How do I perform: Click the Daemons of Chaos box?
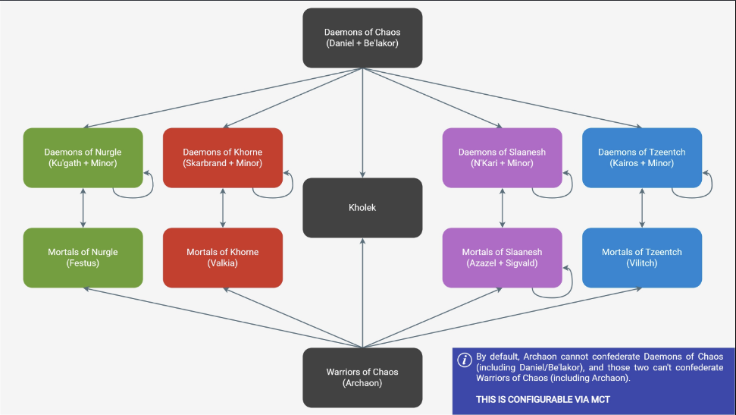coord(362,38)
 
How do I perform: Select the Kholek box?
coord(362,208)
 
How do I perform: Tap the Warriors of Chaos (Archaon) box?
coord(362,377)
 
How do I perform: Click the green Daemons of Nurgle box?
coord(83,158)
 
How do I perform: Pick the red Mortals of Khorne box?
coord(223,257)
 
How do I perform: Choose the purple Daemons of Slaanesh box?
coord(503,158)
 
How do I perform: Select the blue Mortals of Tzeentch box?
coord(642,257)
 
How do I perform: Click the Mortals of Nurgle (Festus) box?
coord(83,257)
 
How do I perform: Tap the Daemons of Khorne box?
coord(223,158)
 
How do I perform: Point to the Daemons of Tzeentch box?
coord(642,158)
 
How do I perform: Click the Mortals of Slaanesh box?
coord(503,257)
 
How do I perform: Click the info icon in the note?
coord(465,360)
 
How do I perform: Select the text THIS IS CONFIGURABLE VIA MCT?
coord(543,400)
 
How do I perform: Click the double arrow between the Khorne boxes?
coord(223,208)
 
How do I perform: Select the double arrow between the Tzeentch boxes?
coord(642,208)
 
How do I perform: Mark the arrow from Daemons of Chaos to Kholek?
coord(362,123)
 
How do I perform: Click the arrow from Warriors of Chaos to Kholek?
coord(362,293)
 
